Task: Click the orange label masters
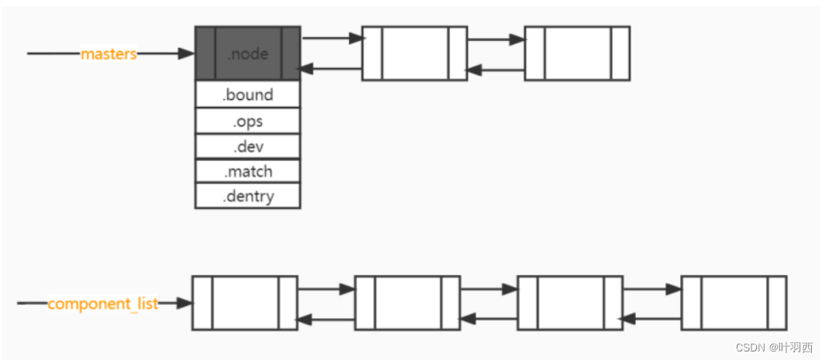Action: (108, 54)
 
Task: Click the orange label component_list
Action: (103, 303)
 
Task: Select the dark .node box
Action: (248, 54)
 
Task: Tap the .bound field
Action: (248, 95)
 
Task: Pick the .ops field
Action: (248, 121)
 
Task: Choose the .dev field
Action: (248, 146)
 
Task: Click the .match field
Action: (248, 171)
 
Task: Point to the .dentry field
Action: (248, 196)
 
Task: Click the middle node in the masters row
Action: (414, 53)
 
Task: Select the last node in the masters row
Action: (577, 53)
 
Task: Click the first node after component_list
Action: (245, 303)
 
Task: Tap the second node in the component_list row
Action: (407, 303)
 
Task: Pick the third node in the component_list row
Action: (570, 303)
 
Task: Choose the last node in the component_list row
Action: (734, 303)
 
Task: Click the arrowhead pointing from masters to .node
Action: (187, 54)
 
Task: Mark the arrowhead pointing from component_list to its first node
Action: (184, 303)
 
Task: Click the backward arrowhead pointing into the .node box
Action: (306, 69)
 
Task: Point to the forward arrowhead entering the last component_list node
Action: (675, 290)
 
